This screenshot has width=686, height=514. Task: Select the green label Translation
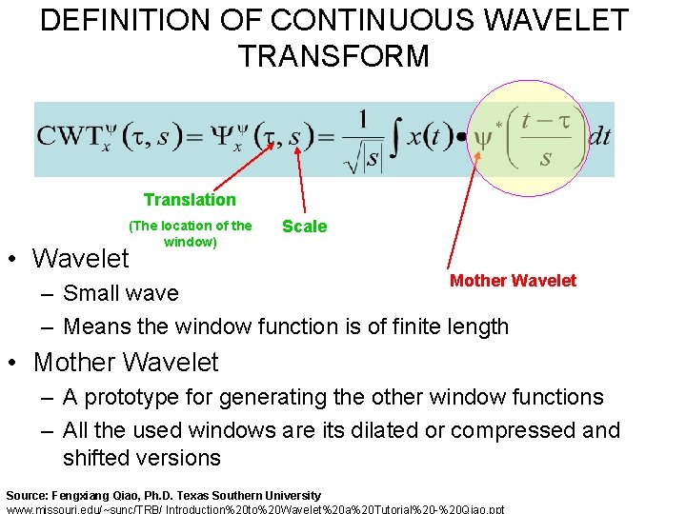pyautogui.click(x=190, y=200)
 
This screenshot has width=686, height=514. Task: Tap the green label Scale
pyautogui.click(x=304, y=227)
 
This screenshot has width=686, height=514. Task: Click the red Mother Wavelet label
pyautogui.click(x=513, y=281)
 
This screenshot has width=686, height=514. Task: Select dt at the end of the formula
pyautogui.click(x=599, y=136)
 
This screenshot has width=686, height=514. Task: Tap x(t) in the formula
pyautogui.click(x=430, y=136)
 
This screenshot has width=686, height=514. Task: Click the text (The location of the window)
pyautogui.click(x=191, y=234)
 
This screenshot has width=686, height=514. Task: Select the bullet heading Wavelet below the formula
pyautogui.click(x=81, y=258)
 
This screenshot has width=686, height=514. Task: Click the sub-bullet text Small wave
pyautogui.click(x=121, y=293)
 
